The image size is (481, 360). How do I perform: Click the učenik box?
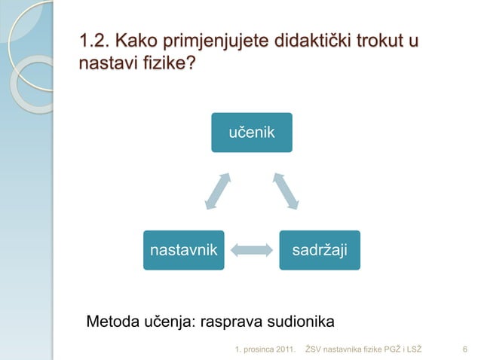point(252,133)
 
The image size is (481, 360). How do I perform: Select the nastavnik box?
point(184,249)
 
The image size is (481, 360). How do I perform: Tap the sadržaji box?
point(320,249)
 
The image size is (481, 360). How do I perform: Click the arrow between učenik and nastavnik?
point(218,189)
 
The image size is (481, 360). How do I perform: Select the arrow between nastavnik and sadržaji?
point(252,249)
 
